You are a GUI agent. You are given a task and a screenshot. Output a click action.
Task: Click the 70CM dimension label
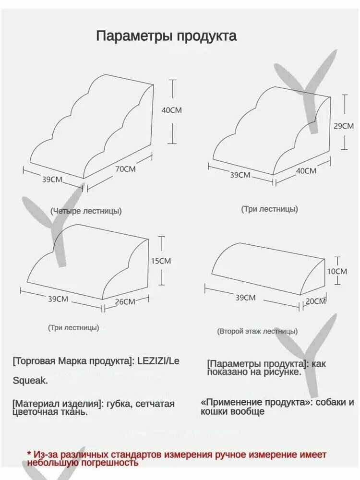[125, 168]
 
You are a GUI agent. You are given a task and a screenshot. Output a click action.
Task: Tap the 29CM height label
[344, 126]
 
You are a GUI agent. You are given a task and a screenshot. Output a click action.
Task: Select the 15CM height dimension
[161, 261]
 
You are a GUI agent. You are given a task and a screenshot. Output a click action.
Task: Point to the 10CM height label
[337, 271]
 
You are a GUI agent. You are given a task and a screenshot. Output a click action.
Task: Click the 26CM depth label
[125, 301]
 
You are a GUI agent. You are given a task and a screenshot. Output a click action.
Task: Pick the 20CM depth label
[315, 301]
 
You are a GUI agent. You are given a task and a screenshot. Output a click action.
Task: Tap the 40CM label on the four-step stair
[171, 110]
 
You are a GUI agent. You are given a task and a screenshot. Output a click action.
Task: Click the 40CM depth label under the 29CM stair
[306, 170]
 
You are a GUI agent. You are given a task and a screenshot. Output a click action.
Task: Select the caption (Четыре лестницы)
[86, 211]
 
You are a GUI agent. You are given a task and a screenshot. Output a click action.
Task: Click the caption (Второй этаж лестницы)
[257, 331]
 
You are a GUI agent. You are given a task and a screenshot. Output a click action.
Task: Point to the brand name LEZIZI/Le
[158, 361]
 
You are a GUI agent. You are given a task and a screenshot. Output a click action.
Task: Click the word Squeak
[30, 381]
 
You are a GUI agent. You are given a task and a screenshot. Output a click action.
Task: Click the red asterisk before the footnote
[29, 453]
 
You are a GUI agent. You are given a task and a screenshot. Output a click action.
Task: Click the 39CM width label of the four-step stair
[52, 180]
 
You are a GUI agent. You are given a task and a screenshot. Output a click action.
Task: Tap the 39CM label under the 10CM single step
[245, 297]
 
